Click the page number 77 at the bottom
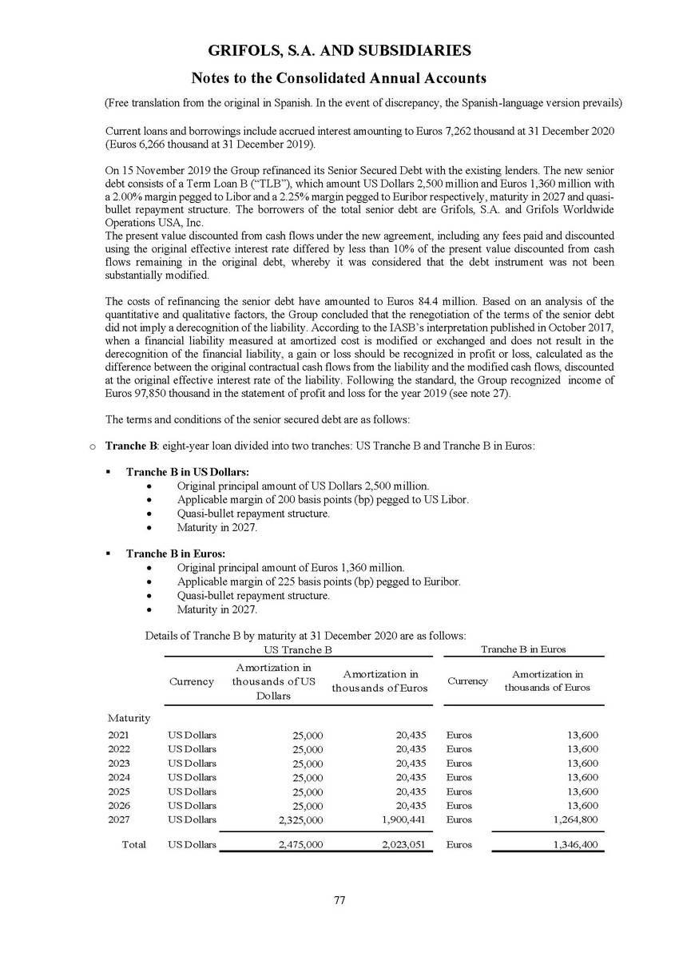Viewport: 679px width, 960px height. tap(339, 900)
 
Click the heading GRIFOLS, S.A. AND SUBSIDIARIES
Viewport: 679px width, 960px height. tap(339, 51)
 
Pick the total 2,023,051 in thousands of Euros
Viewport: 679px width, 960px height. tap(402, 845)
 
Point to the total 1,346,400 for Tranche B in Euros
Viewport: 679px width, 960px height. tap(575, 845)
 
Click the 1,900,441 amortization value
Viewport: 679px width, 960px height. tap(402, 819)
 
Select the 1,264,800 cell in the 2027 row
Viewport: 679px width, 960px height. tap(575, 819)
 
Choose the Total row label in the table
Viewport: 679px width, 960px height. tap(133, 844)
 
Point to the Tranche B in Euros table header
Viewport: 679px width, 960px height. tap(523, 650)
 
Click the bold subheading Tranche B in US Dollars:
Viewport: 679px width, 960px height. tap(188, 472)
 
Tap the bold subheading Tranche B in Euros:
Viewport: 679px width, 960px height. tap(176, 553)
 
